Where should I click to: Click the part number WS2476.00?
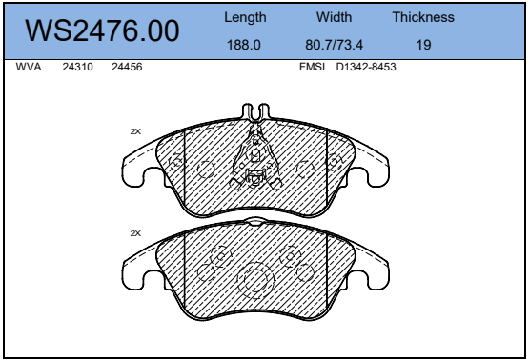pos(102,30)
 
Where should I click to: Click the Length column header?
pos(245,17)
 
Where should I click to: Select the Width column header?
pos(334,17)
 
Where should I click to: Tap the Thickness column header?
pos(423,17)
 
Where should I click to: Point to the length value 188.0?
pos(244,45)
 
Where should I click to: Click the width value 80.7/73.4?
pos(334,45)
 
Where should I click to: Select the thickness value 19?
pos(423,45)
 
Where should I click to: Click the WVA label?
pos(29,67)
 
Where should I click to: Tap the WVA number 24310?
pos(77,67)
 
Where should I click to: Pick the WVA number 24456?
pos(127,67)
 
